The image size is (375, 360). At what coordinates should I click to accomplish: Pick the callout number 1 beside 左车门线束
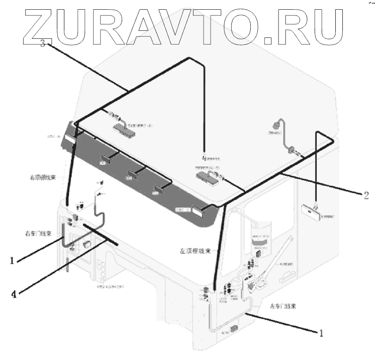322,333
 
